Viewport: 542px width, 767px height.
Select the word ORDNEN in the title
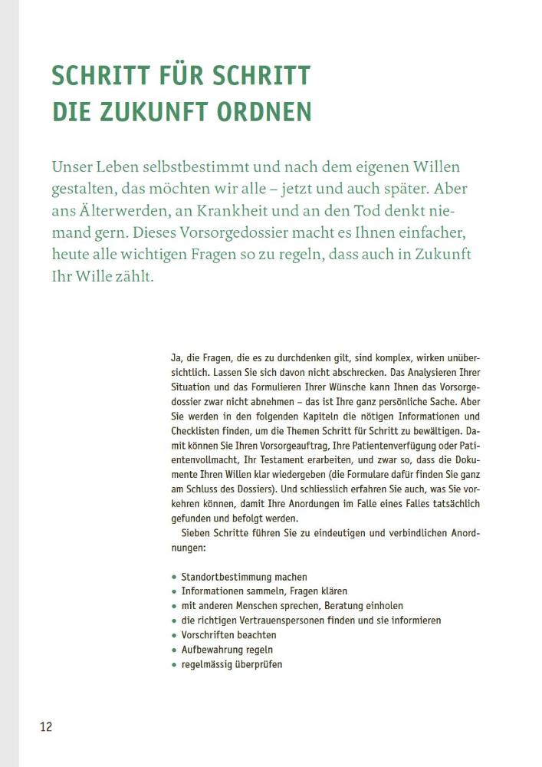pos(268,112)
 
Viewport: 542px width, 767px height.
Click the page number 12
pos(46,726)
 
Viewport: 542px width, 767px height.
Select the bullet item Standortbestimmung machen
pos(244,577)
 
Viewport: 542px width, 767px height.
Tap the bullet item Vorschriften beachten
pos(228,635)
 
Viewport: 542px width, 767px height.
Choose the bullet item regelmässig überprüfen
pos(232,664)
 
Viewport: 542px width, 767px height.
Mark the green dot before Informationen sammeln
pos(174,591)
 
